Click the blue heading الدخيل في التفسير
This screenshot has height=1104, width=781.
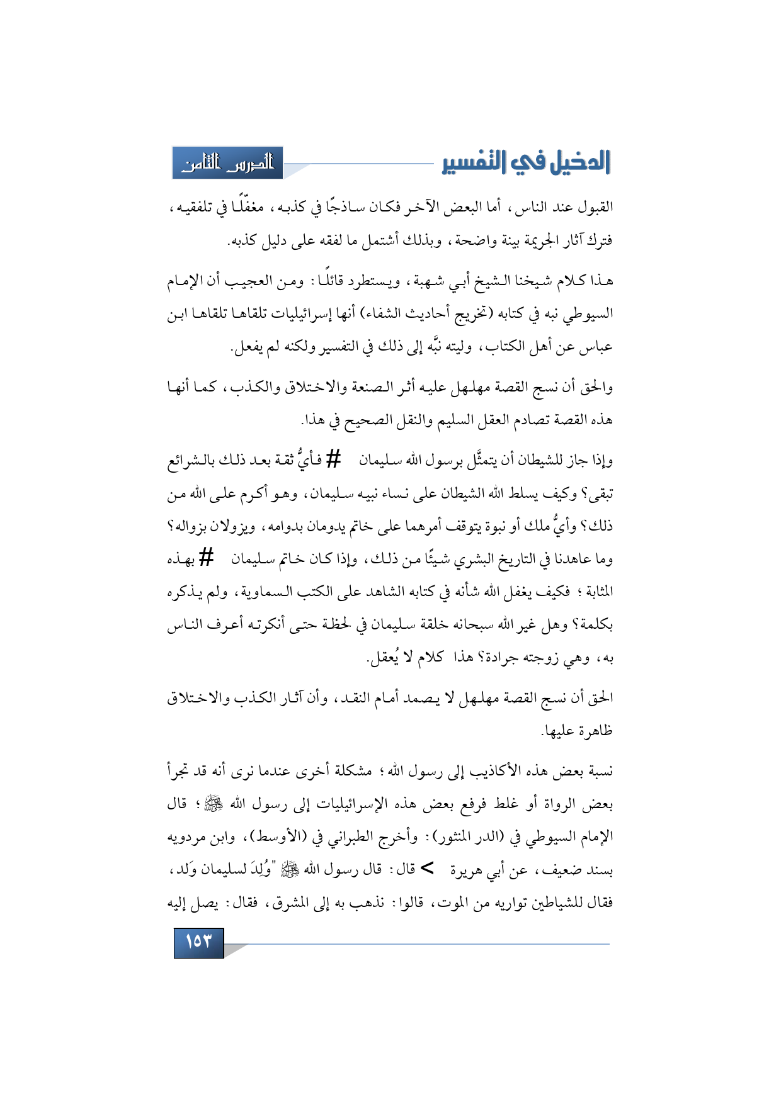point(527,162)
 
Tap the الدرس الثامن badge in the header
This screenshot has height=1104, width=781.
point(228,163)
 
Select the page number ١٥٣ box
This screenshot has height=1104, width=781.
point(198,942)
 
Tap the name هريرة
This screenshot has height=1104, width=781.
point(467,870)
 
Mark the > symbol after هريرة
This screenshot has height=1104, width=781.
point(428,870)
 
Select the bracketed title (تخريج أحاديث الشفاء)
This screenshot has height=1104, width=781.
point(420,313)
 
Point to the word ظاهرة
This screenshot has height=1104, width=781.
point(594,731)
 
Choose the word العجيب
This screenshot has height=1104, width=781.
point(249,280)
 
